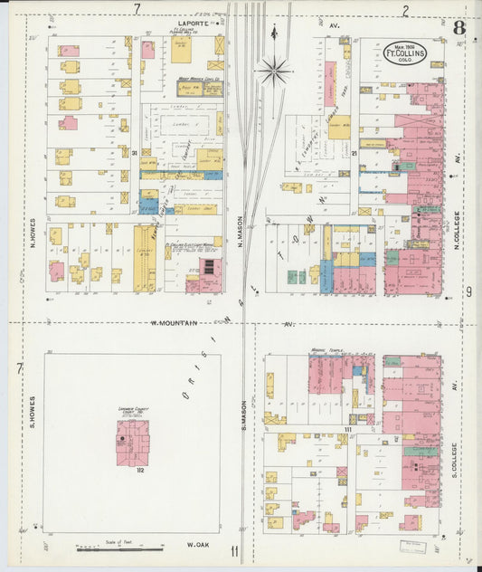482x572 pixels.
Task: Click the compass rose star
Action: pos(274,68)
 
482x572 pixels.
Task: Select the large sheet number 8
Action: pos(459,27)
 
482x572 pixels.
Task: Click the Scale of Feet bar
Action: pos(108,548)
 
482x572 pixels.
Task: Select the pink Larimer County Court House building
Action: pos(132,443)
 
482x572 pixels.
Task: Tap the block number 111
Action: pos(347,429)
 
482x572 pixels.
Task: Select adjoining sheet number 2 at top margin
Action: pos(405,10)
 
